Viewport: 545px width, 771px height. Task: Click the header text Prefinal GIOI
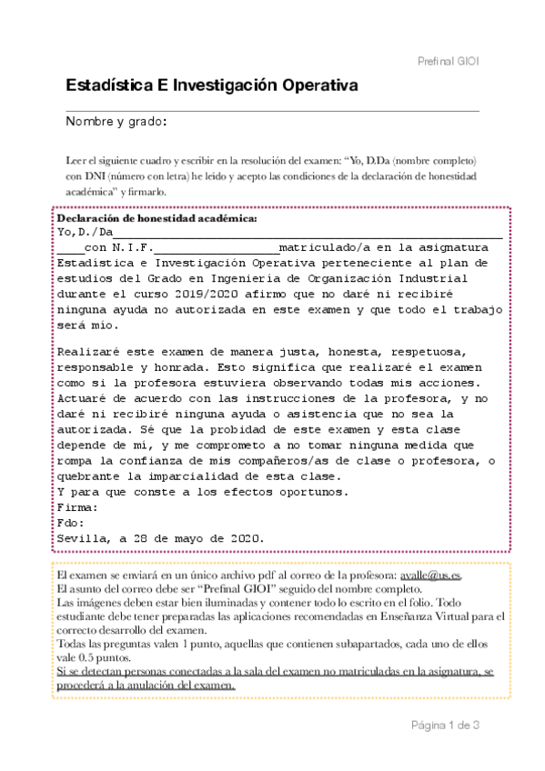(446, 60)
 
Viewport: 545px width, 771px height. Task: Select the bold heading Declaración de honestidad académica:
(157, 219)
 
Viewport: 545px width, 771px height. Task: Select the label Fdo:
(71, 523)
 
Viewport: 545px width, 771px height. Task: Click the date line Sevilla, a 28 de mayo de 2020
(160, 538)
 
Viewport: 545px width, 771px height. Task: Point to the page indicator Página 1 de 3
(445, 725)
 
